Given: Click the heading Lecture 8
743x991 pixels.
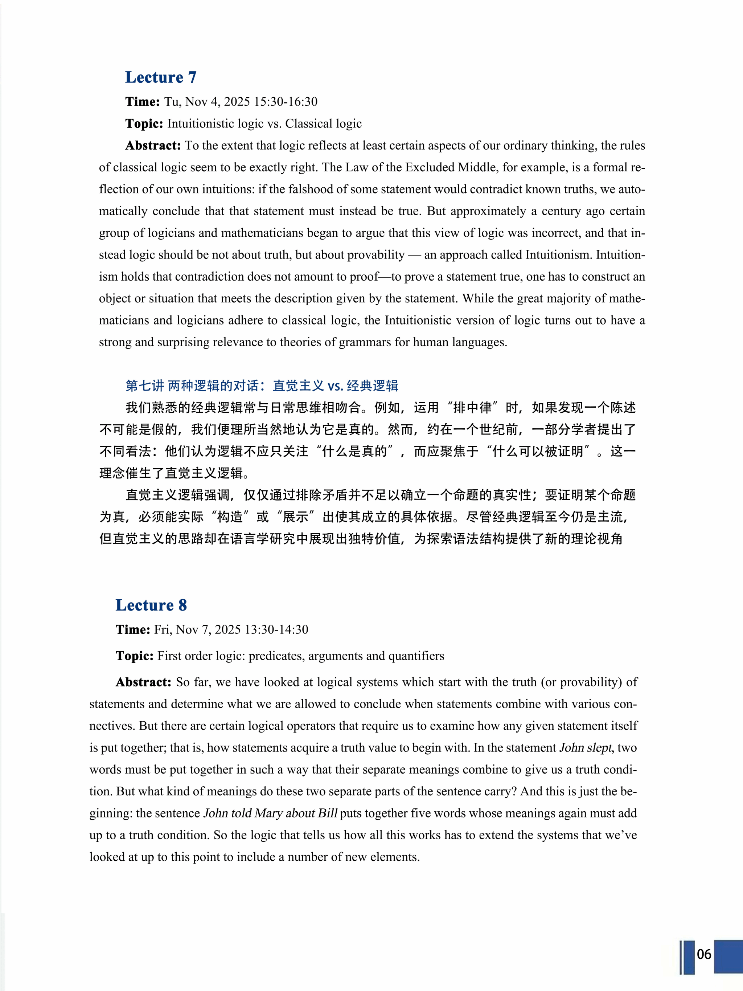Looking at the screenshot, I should point(151,605).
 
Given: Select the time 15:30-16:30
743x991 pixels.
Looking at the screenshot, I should point(285,102).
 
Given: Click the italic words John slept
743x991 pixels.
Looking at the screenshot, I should point(585,748).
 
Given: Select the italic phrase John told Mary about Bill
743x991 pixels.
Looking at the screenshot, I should point(270,813).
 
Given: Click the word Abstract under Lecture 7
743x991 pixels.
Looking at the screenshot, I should point(153,146).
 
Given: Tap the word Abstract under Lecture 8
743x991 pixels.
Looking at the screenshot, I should point(143,682).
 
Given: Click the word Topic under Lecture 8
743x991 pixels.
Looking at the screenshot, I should point(134,656).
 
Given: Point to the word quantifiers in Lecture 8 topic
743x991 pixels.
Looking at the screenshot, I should point(416,656).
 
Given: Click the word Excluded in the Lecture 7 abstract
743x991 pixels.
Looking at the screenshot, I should point(430,168).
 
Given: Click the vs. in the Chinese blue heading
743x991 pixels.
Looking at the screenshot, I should point(335,386).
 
